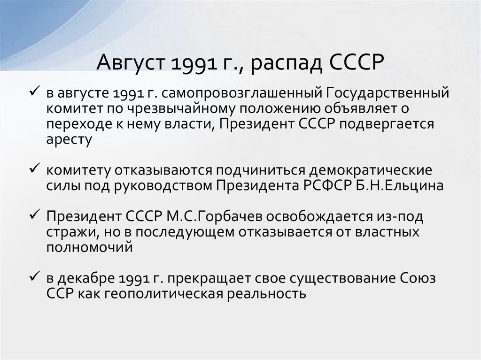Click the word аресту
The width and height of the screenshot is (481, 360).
pos(69,140)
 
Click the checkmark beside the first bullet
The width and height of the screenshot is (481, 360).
pos(37,92)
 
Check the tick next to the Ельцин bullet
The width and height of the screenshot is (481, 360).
pos(37,169)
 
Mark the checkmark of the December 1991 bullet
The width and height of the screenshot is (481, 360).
pos(37,277)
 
